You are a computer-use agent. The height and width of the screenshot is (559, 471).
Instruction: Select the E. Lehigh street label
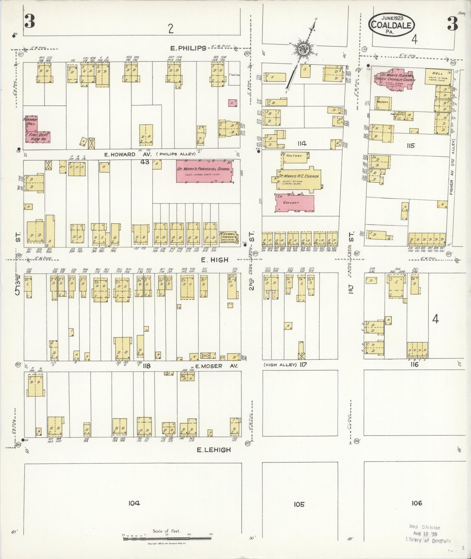pos(214,450)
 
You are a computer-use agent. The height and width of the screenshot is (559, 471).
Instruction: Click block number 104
pos(134,503)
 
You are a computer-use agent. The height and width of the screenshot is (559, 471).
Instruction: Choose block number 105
pos(299,504)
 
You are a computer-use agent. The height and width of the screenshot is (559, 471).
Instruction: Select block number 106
pos(417,503)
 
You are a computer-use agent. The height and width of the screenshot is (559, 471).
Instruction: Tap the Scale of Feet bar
pos(166,537)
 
